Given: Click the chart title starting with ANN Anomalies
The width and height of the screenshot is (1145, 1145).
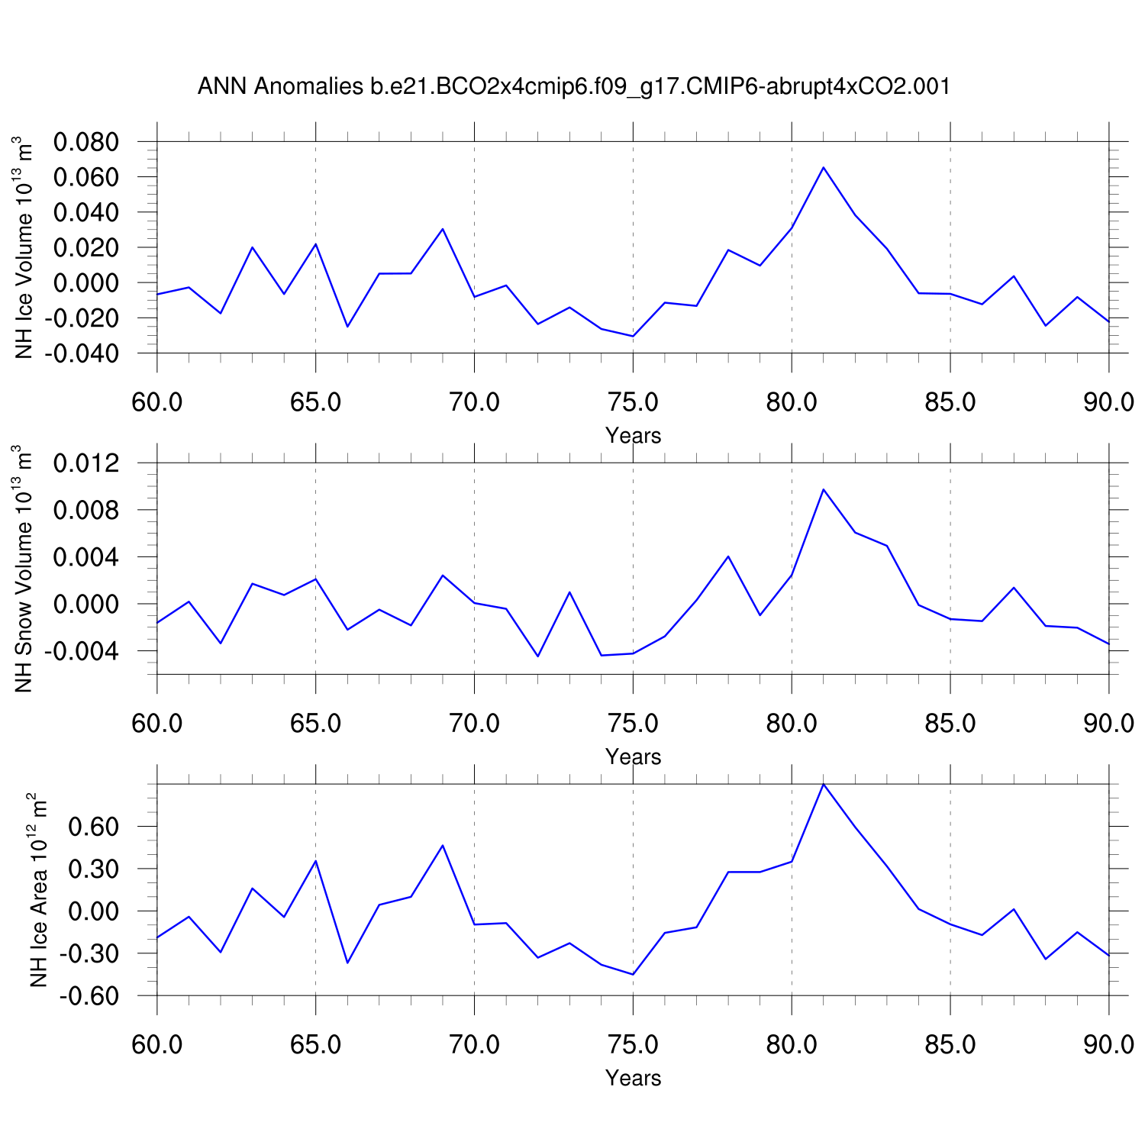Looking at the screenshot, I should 574,86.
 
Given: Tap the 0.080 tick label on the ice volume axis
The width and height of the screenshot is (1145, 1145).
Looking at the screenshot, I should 85,142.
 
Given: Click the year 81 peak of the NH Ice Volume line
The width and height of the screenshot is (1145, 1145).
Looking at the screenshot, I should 823,167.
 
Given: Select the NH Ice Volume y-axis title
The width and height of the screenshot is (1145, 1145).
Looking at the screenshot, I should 24,247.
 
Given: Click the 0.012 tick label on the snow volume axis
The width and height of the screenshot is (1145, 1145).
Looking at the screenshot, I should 85,463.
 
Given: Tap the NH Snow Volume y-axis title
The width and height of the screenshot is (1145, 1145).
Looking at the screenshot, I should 24,569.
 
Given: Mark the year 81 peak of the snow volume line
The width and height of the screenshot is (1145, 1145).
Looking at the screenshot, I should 823,489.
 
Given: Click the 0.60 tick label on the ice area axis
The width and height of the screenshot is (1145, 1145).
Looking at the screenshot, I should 95,827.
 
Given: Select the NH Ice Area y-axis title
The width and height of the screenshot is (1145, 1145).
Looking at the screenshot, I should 38,890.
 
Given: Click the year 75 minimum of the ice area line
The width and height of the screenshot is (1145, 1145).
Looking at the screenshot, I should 633,974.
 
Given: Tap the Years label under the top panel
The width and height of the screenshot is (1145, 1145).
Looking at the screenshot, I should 633,436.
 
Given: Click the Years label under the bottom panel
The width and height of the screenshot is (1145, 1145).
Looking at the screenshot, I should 633,1078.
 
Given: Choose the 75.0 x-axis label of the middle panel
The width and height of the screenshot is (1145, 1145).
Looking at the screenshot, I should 633,723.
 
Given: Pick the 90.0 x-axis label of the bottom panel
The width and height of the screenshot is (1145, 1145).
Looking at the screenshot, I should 1108,1044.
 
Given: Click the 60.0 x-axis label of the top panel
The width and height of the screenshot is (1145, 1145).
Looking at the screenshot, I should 157,402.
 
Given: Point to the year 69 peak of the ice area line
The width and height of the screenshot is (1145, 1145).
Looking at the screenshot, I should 443,845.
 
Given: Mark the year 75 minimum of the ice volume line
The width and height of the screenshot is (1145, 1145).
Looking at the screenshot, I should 633,336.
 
